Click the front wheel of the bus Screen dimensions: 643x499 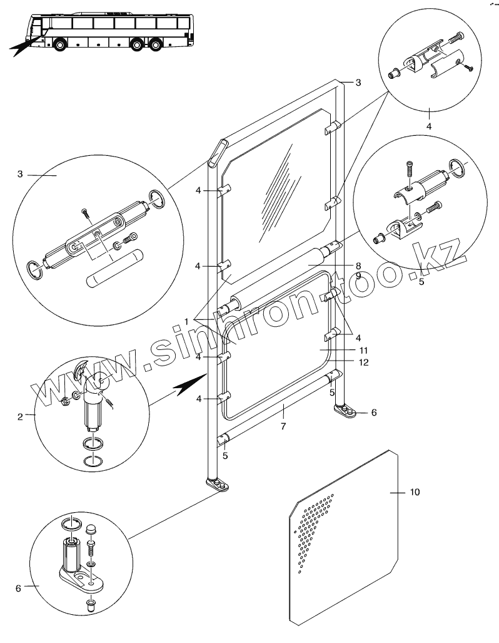[61, 45]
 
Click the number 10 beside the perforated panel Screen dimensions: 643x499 [415, 492]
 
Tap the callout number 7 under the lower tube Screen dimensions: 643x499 [283, 426]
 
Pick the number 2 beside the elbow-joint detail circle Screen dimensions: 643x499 [21, 416]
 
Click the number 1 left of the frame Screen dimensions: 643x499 [186, 321]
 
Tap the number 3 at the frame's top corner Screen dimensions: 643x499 [358, 83]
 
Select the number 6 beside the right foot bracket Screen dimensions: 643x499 [374, 413]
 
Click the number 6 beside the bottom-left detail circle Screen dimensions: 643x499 [18, 588]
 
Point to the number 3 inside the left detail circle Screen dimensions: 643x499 [21, 174]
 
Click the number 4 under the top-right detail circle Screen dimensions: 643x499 [429, 126]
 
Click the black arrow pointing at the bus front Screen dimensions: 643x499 [23, 46]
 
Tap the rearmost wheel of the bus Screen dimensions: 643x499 [157, 45]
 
